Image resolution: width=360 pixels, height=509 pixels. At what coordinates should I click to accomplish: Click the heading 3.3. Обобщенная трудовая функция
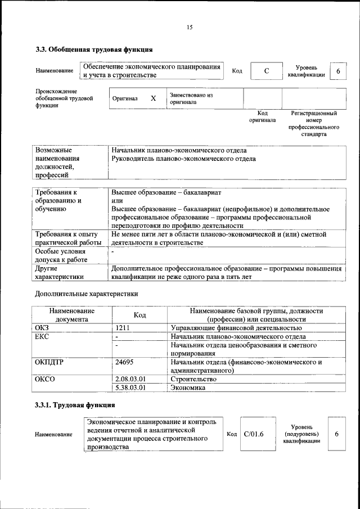[x=94, y=50]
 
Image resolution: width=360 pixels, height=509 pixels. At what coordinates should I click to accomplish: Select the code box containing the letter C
[x=266, y=71]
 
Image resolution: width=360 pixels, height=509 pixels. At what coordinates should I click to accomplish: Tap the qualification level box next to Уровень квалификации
[x=337, y=71]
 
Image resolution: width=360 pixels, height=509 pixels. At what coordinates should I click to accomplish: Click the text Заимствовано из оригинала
[x=191, y=99]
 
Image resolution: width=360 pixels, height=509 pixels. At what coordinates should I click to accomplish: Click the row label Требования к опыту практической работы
[x=67, y=238]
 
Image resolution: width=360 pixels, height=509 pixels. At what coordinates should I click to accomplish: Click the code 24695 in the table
[x=124, y=363]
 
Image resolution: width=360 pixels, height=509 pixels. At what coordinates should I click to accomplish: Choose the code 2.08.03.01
[x=130, y=379]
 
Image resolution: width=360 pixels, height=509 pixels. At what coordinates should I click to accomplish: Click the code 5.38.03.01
[x=130, y=388]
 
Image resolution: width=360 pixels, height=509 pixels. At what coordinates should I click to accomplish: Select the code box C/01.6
[x=254, y=434]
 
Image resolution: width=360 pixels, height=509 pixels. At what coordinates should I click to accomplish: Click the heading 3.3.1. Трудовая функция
[x=75, y=404]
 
